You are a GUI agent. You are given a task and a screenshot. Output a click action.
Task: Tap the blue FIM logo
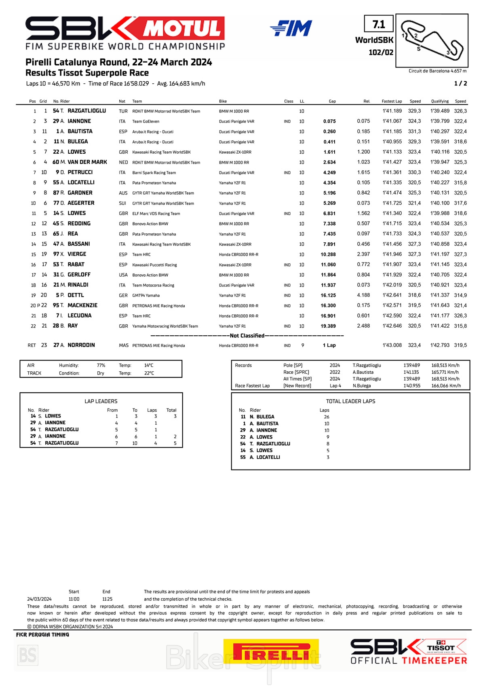(291, 28)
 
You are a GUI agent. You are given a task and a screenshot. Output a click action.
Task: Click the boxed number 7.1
(379, 24)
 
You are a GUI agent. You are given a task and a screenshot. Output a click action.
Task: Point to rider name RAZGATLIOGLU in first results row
(86, 111)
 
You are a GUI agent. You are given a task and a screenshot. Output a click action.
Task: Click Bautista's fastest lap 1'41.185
(392, 131)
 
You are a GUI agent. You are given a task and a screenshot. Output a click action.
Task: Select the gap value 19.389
(328, 326)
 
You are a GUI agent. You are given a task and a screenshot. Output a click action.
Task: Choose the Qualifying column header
(440, 101)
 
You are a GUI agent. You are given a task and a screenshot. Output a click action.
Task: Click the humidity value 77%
(101, 365)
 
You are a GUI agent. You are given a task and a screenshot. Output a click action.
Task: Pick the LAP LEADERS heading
(101, 401)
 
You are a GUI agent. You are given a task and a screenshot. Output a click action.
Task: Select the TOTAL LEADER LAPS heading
(350, 401)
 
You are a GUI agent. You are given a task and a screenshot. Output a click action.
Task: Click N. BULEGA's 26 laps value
(327, 417)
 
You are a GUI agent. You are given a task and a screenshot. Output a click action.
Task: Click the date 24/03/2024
(39, 599)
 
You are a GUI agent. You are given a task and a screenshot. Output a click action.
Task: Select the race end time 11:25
(107, 599)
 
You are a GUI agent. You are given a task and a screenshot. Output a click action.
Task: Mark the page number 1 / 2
(460, 83)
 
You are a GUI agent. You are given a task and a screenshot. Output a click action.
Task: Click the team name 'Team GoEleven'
(145, 121)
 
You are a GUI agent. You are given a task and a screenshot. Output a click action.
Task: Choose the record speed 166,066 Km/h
(446, 386)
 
